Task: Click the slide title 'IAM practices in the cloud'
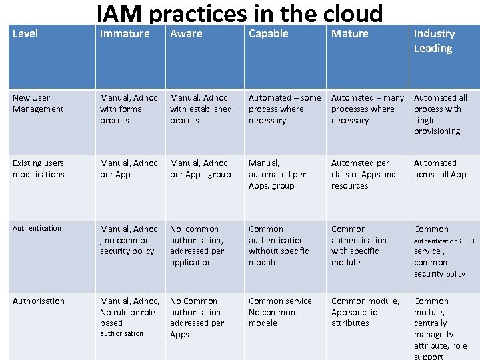[240, 13]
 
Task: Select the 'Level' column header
[25, 34]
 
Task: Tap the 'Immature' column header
[125, 34]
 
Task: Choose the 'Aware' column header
[186, 34]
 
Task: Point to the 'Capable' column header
[268, 34]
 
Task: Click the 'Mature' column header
[349, 34]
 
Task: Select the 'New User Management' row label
[38, 103]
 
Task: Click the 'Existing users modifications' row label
[39, 169]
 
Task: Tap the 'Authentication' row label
[37, 228]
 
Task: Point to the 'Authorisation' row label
[39, 301]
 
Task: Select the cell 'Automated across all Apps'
[441, 169]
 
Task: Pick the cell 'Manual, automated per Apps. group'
[277, 174]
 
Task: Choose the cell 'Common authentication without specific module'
[279, 245]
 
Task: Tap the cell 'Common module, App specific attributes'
[365, 312]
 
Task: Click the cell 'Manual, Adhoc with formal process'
[129, 109]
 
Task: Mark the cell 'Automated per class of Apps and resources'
[363, 174]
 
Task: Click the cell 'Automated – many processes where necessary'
[367, 109]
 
